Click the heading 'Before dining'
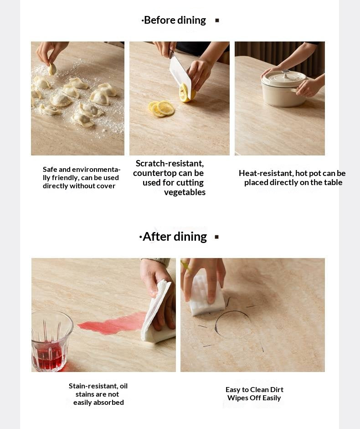(175, 20)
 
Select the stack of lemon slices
(162, 109)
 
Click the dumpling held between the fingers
(52, 69)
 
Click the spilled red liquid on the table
(112, 323)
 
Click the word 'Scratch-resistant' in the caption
(170, 163)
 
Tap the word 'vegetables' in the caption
(185, 192)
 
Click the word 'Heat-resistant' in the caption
(266, 173)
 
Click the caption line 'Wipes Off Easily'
(254, 398)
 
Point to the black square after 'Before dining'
(217, 20)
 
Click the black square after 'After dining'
(216, 237)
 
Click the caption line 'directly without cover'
(79, 186)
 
